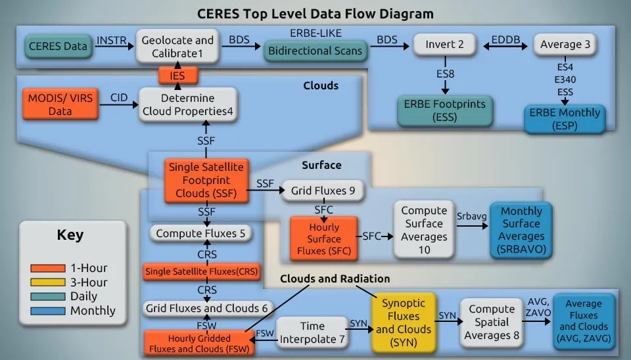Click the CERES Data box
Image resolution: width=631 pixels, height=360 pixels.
point(57,47)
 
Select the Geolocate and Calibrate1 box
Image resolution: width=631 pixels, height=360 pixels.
point(177,46)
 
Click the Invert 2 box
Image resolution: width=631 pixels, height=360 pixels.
point(445,45)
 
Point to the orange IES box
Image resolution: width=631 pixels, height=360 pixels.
point(177,76)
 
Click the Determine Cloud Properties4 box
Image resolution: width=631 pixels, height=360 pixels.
point(187,104)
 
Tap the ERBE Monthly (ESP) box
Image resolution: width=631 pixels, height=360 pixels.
point(564,119)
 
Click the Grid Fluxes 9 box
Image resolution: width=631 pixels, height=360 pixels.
point(323,191)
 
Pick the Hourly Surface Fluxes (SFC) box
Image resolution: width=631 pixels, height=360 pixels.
point(323,238)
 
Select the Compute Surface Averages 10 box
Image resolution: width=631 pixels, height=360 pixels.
point(424,229)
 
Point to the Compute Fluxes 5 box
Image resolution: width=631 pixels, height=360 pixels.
point(200,233)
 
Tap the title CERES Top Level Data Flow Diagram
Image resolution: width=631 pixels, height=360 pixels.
point(315,13)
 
